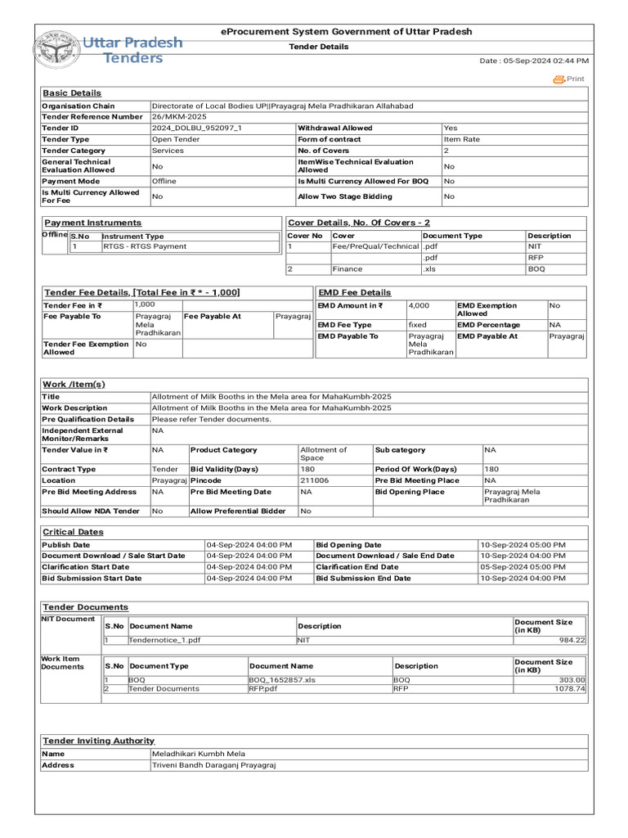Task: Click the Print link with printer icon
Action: [x=569, y=79]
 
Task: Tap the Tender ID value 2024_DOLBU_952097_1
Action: [x=197, y=128]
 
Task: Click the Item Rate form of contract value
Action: [x=462, y=140]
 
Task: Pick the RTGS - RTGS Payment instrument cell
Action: [x=144, y=246]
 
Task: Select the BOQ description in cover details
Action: [x=536, y=268]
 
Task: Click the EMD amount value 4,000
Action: [x=419, y=306]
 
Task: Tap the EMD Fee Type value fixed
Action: [x=418, y=325]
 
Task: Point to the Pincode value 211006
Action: [x=315, y=480]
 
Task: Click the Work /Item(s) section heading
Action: [x=74, y=385]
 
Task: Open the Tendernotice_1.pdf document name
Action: [x=164, y=640]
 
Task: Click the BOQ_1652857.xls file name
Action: [x=282, y=680]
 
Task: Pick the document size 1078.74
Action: [x=569, y=689]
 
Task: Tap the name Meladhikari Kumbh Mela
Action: [x=199, y=754]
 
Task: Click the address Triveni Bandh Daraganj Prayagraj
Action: [x=214, y=765]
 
